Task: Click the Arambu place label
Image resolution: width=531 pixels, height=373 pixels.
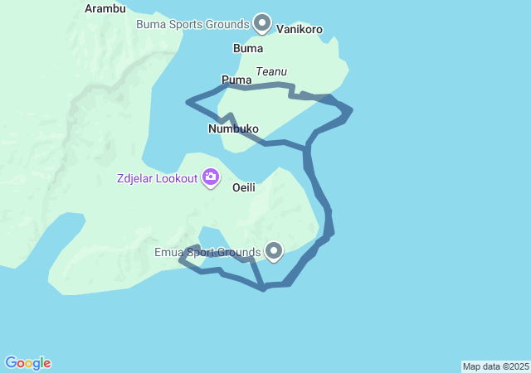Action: (x=105, y=8)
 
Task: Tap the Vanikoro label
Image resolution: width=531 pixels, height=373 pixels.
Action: (x=300, y=29)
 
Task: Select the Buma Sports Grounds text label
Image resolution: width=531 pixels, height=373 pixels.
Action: (x=192, y=23)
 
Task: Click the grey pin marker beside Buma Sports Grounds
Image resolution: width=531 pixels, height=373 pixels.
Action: (x=263, y=22)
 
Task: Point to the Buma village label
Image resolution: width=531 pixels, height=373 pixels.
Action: (x=248, y=48)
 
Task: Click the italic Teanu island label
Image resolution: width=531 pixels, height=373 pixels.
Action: (x=271, y=72)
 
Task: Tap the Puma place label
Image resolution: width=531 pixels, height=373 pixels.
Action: (x=236, y=80)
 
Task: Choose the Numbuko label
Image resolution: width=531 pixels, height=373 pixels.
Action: (x=233, y=129)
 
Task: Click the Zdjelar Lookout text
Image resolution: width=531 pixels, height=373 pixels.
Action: (x=157, y=177)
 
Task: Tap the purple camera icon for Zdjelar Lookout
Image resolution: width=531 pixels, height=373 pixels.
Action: (x=211, y=177)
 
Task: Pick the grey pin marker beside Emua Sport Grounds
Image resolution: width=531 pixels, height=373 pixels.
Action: (x=274, y=249)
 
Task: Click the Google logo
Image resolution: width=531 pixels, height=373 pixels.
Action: (x=28, y=363)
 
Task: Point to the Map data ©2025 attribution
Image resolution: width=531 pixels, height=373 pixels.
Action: (x=495, y=366)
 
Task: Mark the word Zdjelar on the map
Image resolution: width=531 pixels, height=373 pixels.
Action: (x=134, y=177)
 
